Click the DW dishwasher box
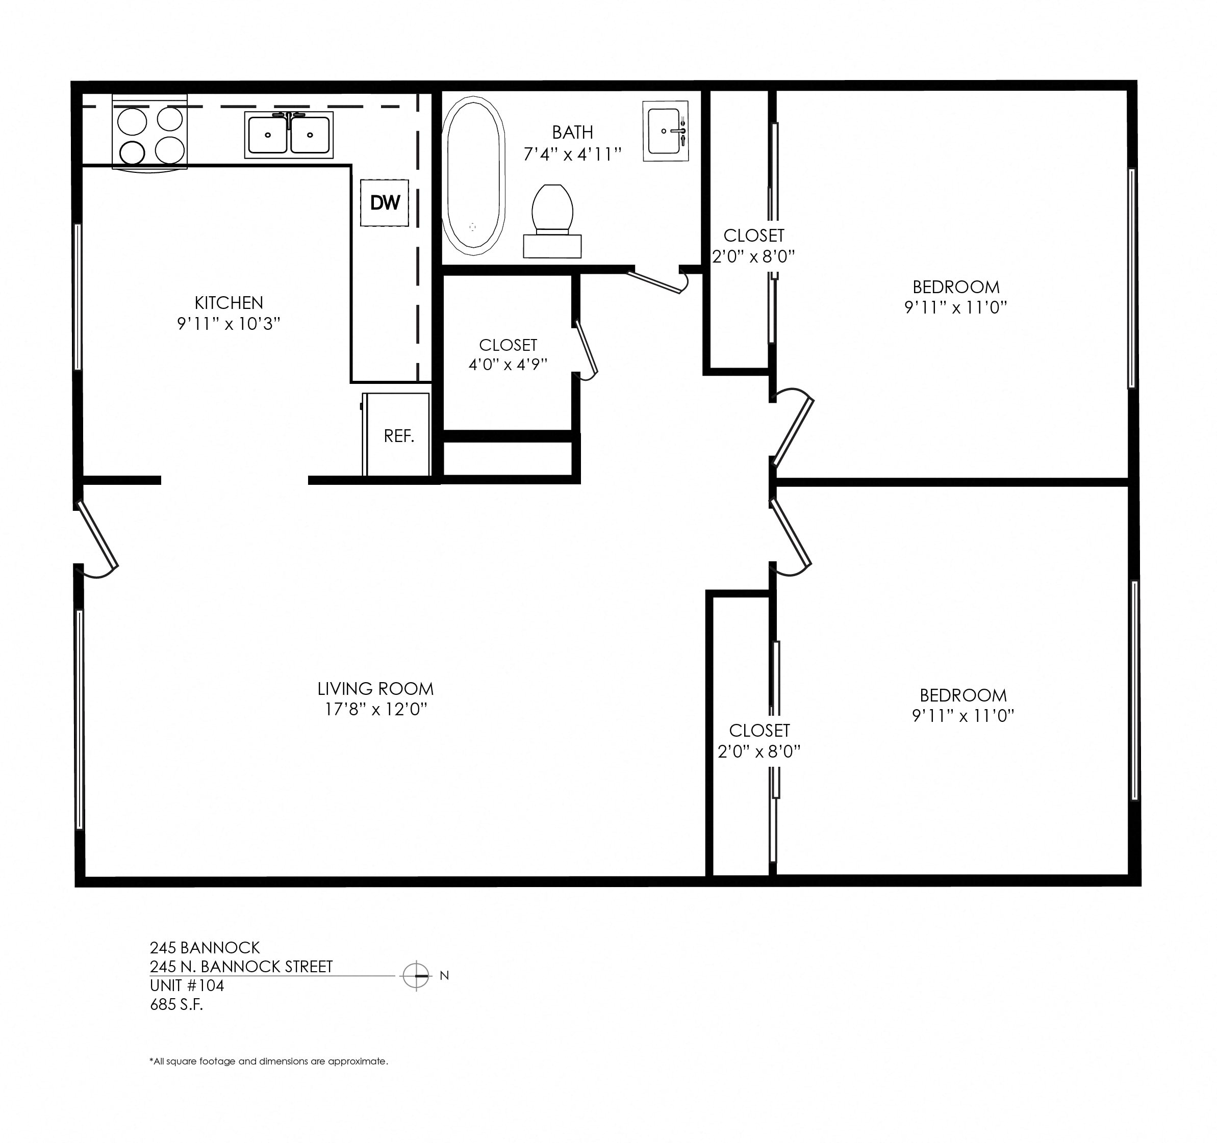tap(385, 202)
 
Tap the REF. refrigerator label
tap(398, 436)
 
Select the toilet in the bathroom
tap(552, 220)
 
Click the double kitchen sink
tap(288, 135)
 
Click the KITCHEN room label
tap(229, 302)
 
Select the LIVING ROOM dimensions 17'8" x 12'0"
tap(375, 709)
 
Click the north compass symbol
tap(416, 975)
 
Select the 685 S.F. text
tap(176, 1005)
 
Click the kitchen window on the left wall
tap(78, 297)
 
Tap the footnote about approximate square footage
tap(269, 1061)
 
